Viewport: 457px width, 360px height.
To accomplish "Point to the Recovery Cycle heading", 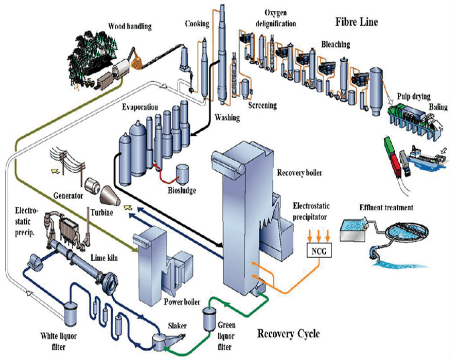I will pyautogui.click(x=288, y=333).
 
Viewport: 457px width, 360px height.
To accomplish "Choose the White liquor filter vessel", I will pyautogui.click(x=68, y=310).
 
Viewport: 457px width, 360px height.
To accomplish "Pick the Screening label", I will pyautogui.click(x=262, y=105).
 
